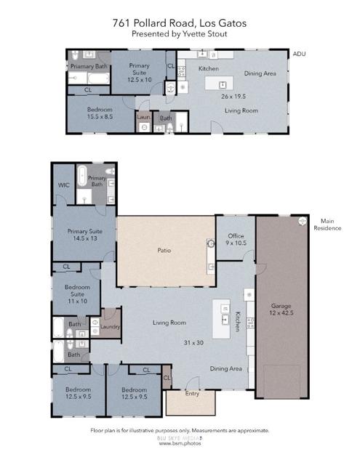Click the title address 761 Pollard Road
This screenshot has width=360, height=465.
tap(179, 23)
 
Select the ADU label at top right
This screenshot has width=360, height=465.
tap(298, 54)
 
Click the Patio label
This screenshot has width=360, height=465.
tap(164, 251)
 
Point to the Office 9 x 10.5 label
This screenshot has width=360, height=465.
tap(235, 240)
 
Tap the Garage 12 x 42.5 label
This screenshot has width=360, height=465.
tap(281, 310)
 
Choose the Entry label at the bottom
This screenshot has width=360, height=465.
tap(191, 394)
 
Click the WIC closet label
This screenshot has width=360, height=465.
tap(63, 185)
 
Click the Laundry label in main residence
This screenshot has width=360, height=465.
tap(111, 327)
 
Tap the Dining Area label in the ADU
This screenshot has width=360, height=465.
tap(260, 73)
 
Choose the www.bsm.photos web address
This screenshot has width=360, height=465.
tap(179, 443)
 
